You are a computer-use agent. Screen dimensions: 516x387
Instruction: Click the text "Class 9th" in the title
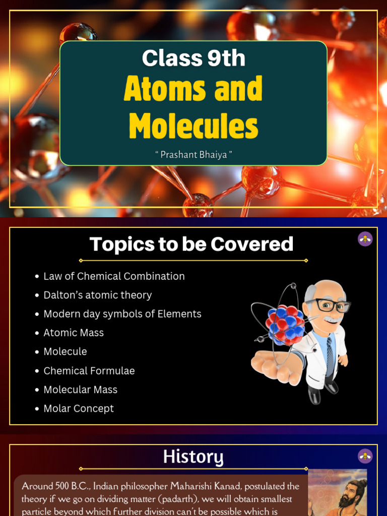coord(193,58)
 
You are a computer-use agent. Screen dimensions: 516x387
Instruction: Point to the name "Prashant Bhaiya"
coord(193,154)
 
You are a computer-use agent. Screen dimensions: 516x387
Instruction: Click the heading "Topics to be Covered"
coord(191,244)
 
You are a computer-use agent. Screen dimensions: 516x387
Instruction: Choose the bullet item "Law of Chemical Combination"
coord(114,276)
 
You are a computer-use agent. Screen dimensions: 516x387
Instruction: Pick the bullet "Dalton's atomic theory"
coord(97,295)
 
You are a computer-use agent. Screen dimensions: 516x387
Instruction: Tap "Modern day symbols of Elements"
coord(122,314)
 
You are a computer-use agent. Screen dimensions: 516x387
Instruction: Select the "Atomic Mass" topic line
coord(74,333)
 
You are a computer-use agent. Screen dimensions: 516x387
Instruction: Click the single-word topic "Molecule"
coord(65,352)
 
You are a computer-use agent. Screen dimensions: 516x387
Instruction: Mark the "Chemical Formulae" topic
coord(89,371)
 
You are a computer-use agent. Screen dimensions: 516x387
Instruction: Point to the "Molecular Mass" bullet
coord(80,390)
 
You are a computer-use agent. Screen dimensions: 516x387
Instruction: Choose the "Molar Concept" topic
coord(79,409)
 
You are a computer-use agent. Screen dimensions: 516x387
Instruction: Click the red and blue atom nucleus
coord(285,324)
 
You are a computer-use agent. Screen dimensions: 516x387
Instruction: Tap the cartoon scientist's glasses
coord(327,305)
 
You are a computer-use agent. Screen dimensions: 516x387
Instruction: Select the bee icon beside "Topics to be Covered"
coord(365,239)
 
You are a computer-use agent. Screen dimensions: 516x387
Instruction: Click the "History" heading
coord(193,458)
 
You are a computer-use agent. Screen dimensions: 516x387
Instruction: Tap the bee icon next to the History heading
coord(365,456)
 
